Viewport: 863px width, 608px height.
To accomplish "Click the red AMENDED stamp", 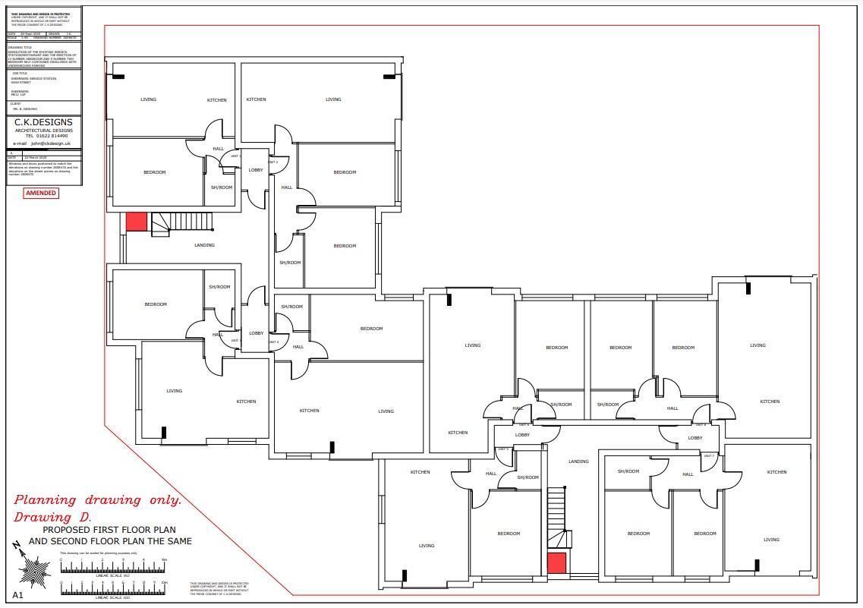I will (x=41, y=193).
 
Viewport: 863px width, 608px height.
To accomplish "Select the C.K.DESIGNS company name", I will (x=44, y=122).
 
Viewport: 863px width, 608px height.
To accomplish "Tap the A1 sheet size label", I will (x=17, y=595).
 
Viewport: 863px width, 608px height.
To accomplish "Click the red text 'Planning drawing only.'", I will (x=98, y=500).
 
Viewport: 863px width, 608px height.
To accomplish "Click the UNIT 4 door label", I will (x=273, y=342).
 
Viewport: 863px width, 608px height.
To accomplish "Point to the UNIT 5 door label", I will (x=502, y=449).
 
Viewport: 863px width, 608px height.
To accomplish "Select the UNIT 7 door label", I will (x=708, y=456).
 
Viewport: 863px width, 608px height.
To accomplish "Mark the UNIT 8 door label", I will (x=700, y=424).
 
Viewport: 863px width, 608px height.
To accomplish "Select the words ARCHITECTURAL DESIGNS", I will (x=44, y=131).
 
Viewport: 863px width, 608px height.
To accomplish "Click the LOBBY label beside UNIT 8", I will (x=694, y=438).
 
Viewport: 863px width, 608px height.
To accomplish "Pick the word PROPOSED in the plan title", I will (x=63, y=530).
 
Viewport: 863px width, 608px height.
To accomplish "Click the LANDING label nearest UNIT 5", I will (x=578, y=462).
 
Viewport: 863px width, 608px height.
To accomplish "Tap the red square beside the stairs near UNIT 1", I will (x=136, y=222).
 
